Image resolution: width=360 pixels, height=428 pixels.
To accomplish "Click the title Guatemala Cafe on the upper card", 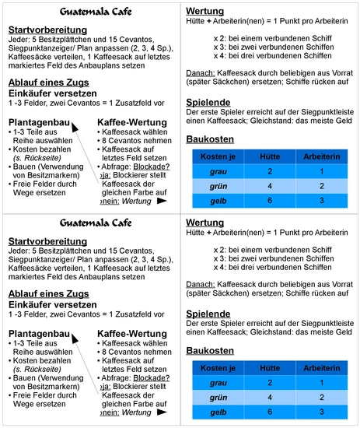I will point(92,12).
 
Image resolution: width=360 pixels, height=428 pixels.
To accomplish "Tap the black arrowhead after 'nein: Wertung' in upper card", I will point(162,200).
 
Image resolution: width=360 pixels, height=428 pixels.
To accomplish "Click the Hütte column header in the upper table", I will point(268,156).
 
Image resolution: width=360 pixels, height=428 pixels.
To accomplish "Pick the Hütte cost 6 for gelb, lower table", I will point(268,411).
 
